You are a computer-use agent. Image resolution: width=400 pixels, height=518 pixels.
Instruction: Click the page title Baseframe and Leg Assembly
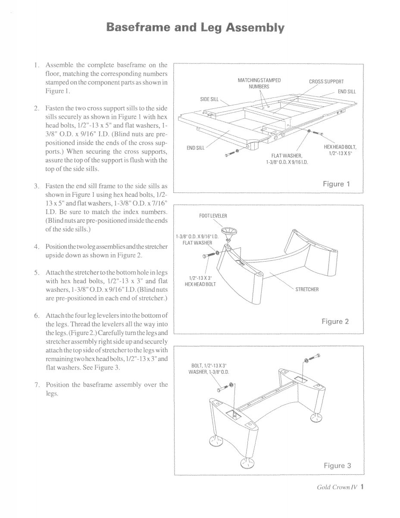(x=196, y=28)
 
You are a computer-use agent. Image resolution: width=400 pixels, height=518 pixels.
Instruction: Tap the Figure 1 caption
(x=336, y=184)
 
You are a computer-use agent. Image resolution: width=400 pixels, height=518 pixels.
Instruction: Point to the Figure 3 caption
(x=337, y=465)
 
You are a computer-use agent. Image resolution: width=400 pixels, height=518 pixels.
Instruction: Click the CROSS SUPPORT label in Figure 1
(x=326, y=81)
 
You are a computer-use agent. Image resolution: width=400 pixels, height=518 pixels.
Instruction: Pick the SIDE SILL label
(x=210, y=99)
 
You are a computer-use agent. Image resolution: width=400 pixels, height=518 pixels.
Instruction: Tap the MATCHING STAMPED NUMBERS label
(x=259, y=83)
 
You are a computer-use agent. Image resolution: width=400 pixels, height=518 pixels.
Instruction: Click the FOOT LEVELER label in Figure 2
(x=213, y=215)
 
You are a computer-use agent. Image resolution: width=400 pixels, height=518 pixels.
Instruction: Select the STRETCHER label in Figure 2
(x=306, y=289)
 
